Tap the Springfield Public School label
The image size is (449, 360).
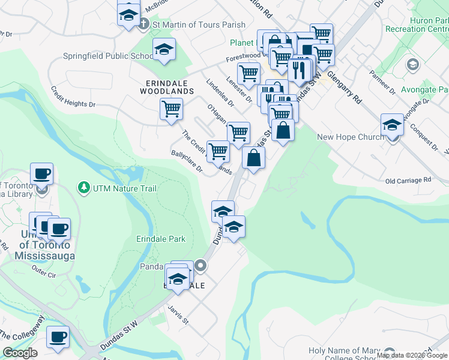(x=109, y=56)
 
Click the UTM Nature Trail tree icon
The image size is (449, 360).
(x=83, y=188)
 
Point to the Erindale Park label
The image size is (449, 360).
(x=160, y=239)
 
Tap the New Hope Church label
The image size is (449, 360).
(x=350, y=137)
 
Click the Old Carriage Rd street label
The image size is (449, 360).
(x=408, y=180)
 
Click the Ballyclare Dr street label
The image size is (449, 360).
(x=187, y=160)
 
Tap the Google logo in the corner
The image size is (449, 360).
(x=20, y=353)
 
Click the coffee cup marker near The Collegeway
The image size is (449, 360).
(x=58, y=337)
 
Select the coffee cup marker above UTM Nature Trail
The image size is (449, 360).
(x=41, y=174)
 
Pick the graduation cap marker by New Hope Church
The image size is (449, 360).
(x=392, y=125)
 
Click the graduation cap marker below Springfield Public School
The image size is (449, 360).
(x=164, y=50)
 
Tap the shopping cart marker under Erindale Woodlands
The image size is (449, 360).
(x=171, y=109)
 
